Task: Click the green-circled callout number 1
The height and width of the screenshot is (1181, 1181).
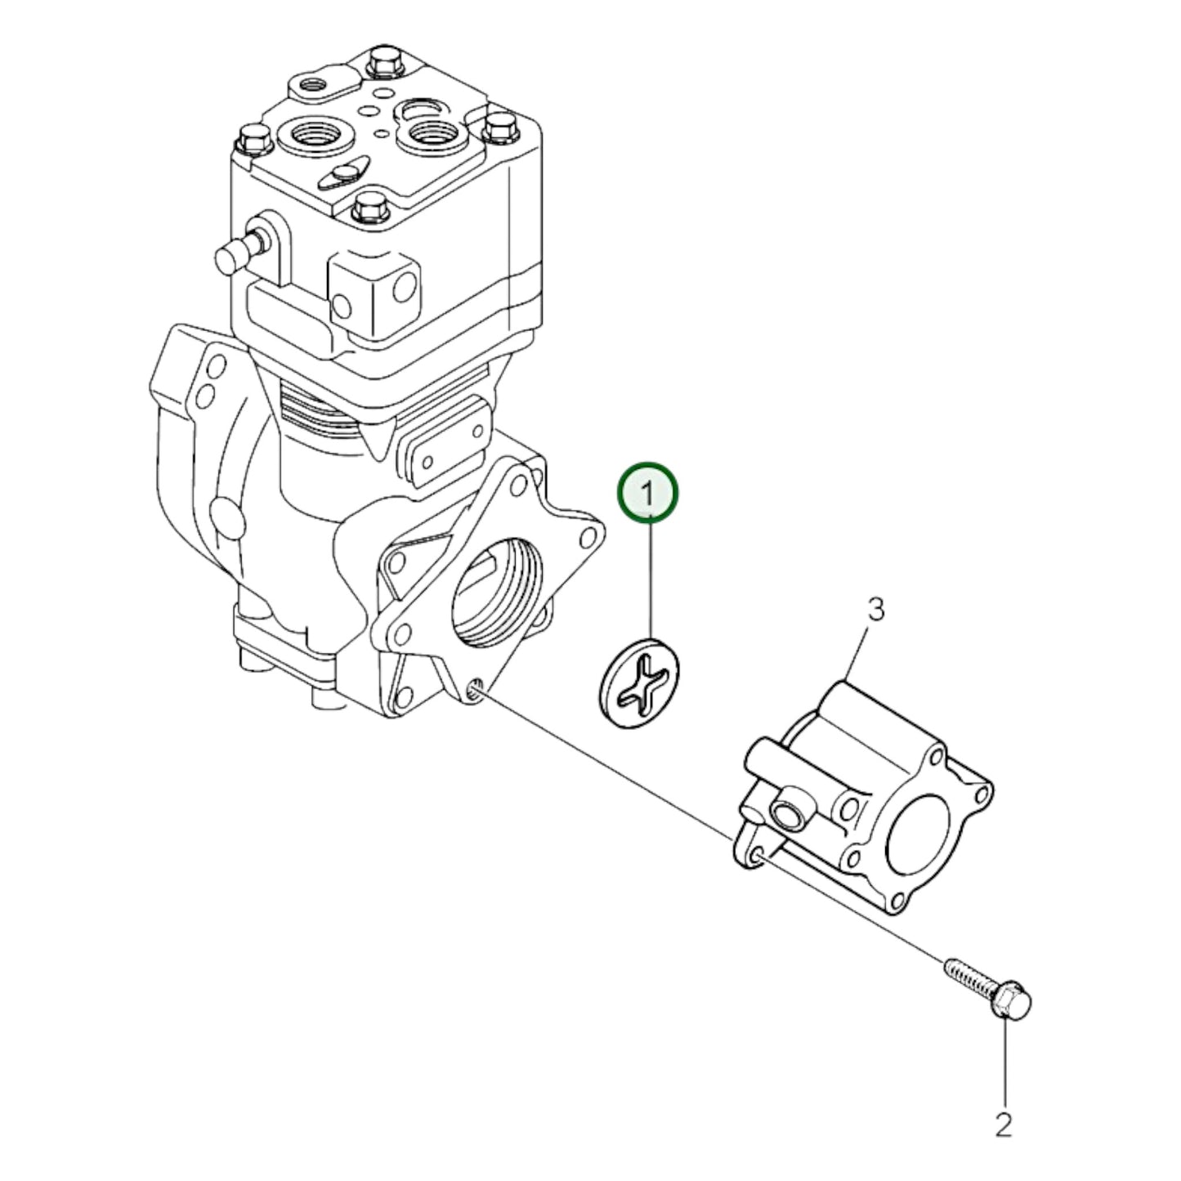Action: (x=647, y=492)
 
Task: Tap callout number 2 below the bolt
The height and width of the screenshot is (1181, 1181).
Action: (x=1003, y=1125)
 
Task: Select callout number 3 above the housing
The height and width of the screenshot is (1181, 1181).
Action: (x=875, y=610)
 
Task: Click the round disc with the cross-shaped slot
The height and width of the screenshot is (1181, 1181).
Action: (x=639, y=682)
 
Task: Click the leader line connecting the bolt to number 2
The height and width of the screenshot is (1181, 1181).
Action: (x=1004, y=1062)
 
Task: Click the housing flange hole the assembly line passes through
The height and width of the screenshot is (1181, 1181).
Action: (x=756, y=856)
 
